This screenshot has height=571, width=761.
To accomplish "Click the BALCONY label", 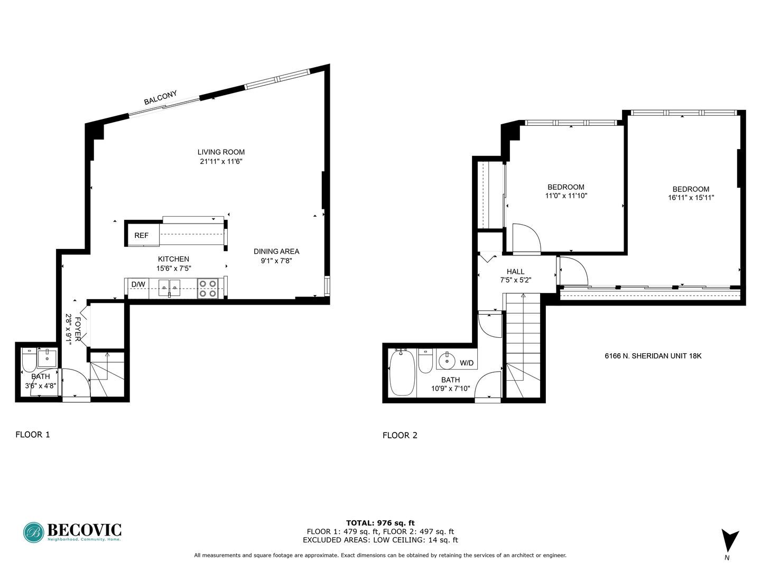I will pyautogui.click(x=160, y=98).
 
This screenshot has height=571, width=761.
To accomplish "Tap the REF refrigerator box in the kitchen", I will pyautogui.click(x=142, y=235).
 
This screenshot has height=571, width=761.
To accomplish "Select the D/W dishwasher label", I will pyautogui.click(x=138, y=284).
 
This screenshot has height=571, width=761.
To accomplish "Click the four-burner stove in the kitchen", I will pyautogui.click(x=208, y=288).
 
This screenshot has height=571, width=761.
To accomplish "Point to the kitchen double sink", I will pyautogui.click(x=169, y=288).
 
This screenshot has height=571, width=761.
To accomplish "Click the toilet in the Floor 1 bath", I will pyautogui.click(x=29, y=360).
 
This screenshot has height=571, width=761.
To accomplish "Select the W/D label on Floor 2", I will pyautogui.click(x=467, y=363).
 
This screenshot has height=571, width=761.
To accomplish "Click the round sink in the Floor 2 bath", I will pyautogui.click(x=447, y=361).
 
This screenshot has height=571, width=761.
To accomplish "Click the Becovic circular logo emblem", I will pyautogui.click(x=33, y=532).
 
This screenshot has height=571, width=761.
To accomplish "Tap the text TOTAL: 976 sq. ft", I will pyautogui.click(x=380, y=523).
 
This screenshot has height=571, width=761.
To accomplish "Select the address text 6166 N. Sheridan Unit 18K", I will pyautogui.click(x=653, y=356).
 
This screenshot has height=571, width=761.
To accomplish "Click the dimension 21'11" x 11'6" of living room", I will pyautogui.click(x=221, y=162).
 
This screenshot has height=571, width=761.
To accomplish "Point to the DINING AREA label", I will pyautogui.click(x=276, y=251).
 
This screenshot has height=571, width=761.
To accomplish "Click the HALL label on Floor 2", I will pyautogui.click(x=515, y=271).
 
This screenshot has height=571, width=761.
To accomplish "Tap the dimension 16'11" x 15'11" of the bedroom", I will pyautogui.click(x=691, y=198).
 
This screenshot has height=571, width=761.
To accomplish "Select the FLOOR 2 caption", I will pyautogui.click(x=400, y=435).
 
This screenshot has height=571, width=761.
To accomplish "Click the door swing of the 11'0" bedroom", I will pyautogui.click(x=526, y=237).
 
